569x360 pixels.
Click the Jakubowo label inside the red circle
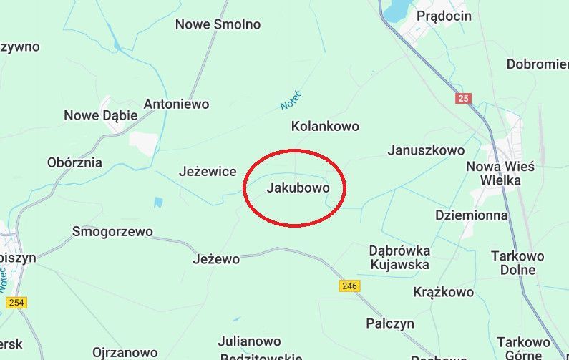click(x=298, y=189)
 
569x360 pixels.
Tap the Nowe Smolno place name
click(x=218, y=24)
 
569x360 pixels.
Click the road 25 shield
click(x=463, y=98)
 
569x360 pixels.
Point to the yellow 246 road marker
click(x=349, y=286)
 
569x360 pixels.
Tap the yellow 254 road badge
click(x=16, y=303)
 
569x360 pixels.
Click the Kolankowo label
click(x=325, y=126)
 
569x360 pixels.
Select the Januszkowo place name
click(x=426, y=150)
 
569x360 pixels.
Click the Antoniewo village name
click(x=176, y=104)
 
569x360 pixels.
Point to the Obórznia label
click(x=74, y=162)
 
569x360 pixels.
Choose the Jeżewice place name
click(x=207, y=172)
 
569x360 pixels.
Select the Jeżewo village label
click(x=216, y=259)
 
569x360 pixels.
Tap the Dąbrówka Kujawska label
click(x=399, y=258)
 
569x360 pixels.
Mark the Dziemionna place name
click(x=471, y=215)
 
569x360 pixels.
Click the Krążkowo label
click(x=443, y=292)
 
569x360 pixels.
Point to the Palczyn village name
click(x=390, y=323)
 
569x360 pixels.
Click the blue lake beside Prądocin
click(x=395, y=11)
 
